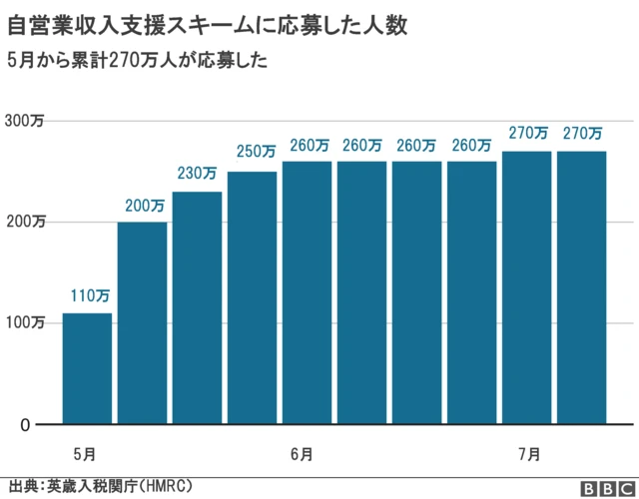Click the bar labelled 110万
[x=87, y=368]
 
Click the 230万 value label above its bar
[x=197, y=174]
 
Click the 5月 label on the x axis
[x=85, y=454]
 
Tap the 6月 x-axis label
[x=302, y=454]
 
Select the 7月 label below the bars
[x=529, y=454]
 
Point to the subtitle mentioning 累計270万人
[x=137, y=60]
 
